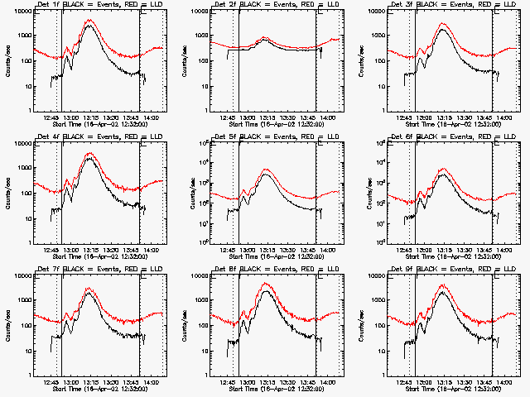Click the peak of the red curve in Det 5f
267,170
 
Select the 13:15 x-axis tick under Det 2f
267,117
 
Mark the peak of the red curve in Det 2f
266,37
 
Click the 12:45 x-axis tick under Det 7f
51,382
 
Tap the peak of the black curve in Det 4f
90,159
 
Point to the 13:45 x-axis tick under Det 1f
131,117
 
